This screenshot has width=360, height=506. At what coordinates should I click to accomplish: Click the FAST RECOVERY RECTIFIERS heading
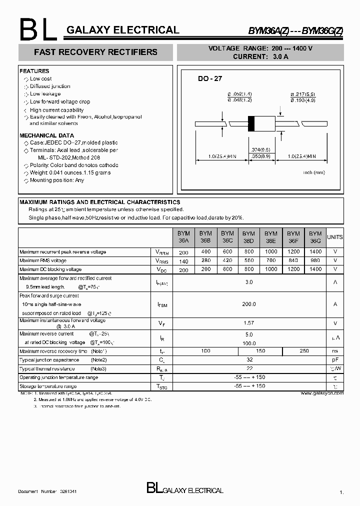point(95,52)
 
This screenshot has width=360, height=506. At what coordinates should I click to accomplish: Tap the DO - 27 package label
point(210,79)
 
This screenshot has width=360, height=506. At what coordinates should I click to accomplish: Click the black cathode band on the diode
point(251,122)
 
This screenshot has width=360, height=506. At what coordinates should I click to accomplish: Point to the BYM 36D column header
point(248,236)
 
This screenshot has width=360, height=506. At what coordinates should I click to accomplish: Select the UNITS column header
point(334,237)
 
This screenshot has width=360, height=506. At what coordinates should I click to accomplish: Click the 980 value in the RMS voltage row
point(315,260)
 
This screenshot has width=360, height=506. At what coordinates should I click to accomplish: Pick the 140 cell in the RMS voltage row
point(183,260)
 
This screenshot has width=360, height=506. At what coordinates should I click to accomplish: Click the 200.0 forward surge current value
point(249,304)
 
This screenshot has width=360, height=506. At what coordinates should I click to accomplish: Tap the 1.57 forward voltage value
point(249,323)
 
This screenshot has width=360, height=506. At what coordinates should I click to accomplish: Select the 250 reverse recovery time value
point(304,351)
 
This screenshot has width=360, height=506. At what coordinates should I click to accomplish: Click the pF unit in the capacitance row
point(334,359)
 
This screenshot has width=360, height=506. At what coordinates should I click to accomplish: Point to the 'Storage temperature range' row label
point(48,386)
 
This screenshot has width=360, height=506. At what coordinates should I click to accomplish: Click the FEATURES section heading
point(34,71)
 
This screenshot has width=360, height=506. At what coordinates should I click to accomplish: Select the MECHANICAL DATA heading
point(46,135)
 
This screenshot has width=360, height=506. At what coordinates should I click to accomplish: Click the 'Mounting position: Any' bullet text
point(57,180)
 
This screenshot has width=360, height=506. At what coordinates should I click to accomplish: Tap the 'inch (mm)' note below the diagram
point(314,172)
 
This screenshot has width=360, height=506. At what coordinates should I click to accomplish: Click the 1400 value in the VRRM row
point(315,252)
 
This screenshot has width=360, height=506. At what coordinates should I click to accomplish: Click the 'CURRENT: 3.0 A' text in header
point(260,56)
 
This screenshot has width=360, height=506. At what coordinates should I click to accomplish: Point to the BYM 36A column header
point(183,236)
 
